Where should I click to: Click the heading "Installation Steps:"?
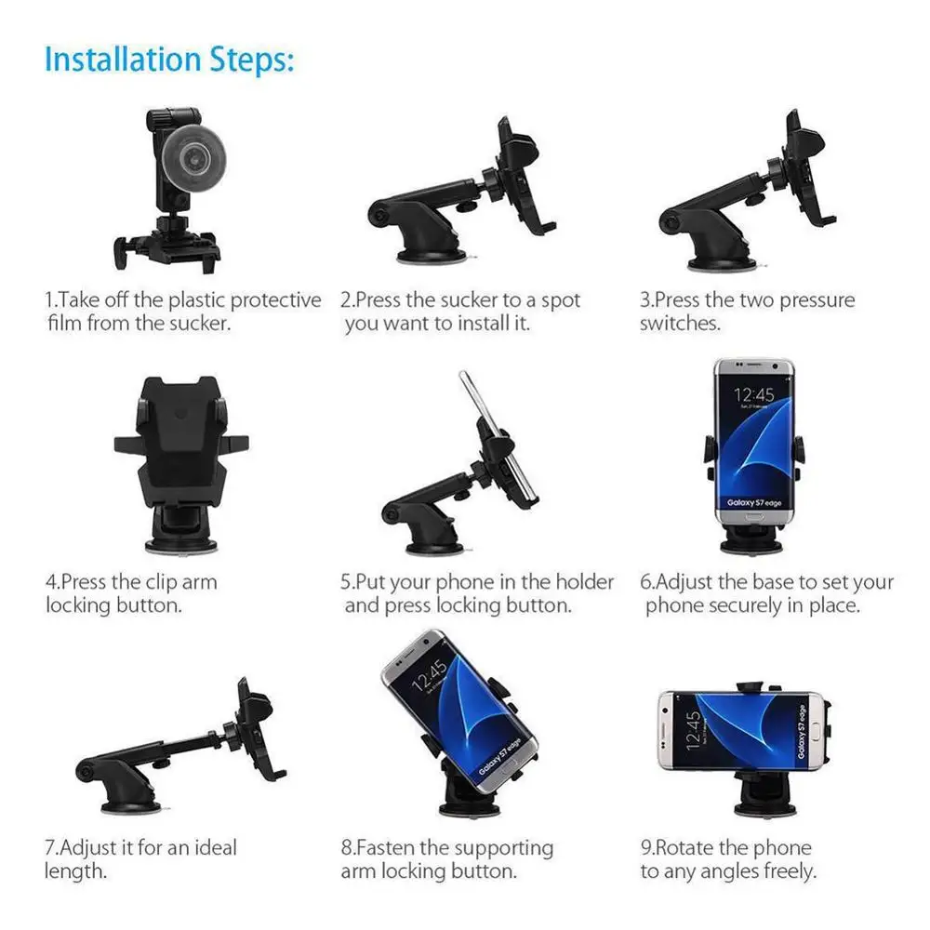click(x=169, y=59)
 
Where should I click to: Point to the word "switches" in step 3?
click(x=680, y=324)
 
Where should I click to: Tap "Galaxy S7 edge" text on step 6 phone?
click(x=754, y=502)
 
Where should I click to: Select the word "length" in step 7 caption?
click(x=74, y=871)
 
